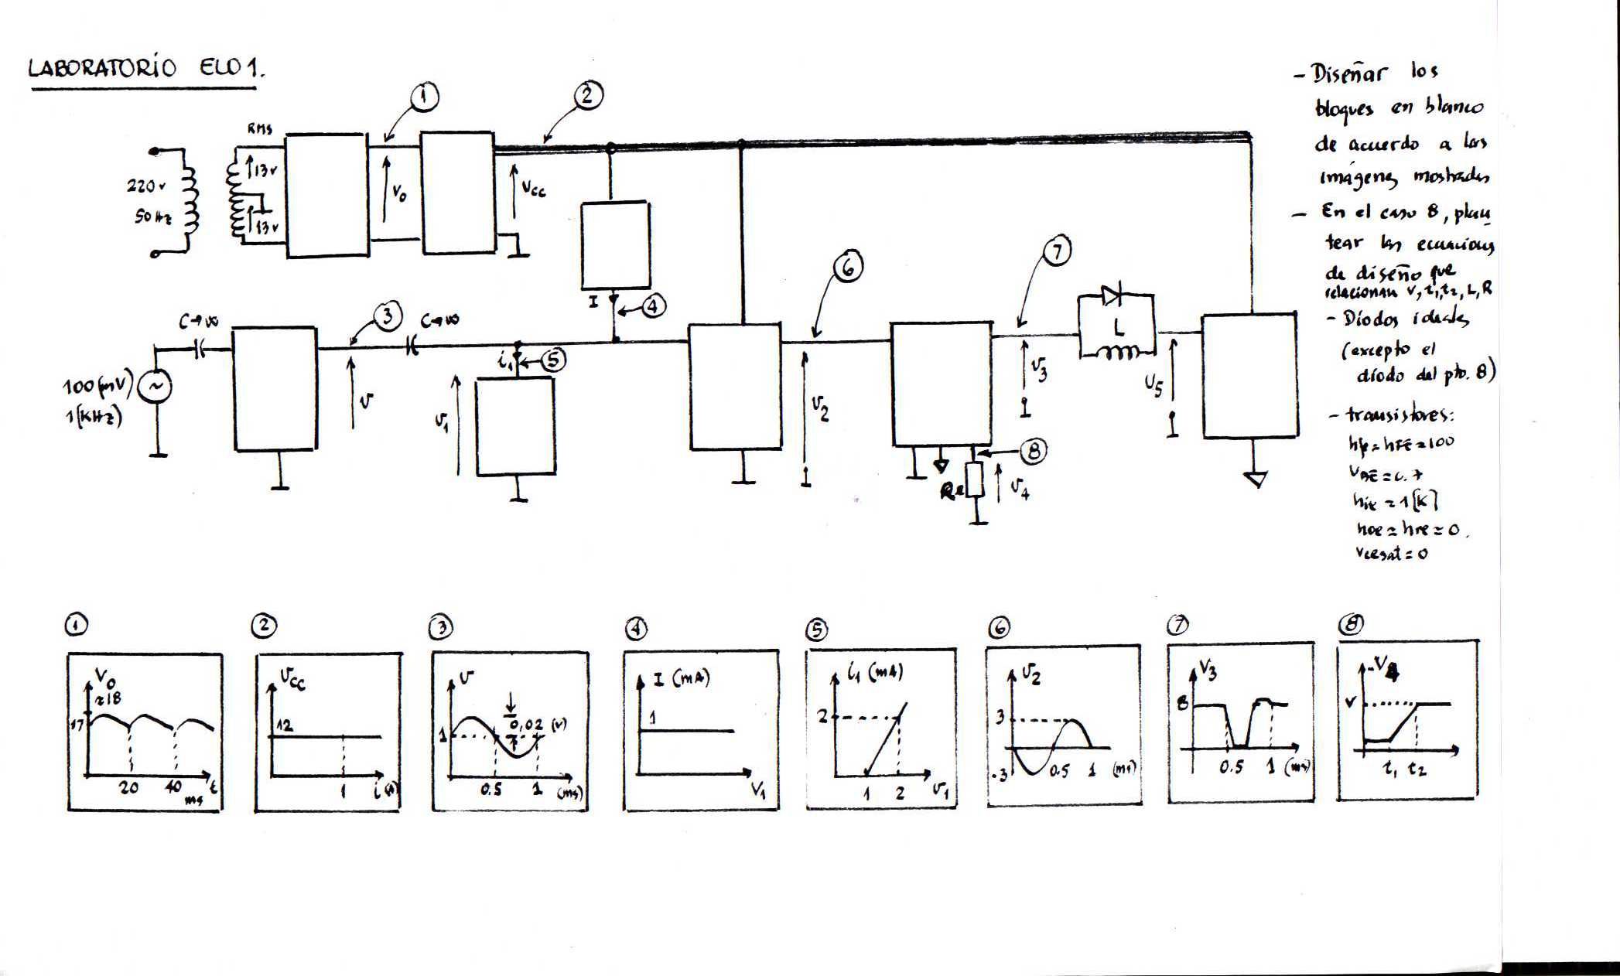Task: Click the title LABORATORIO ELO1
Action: pyautogui.click(x=145, y=68)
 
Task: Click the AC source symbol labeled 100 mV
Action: pyautogui.click(x=154, y=387)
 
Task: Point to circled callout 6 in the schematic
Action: pyautogui.click(x=848, y=267)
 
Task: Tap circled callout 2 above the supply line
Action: pyautogui.click(x=588, y=95)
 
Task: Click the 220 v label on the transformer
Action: pyautogui.click(x=146, y=186)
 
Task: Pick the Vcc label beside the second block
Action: pyautogui.click(x=533, y=188)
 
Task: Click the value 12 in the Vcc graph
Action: pyautogui.click(x=285, y=725)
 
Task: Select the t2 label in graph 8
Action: pyautogui.click(x=1417, y=770)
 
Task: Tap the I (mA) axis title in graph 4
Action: pyautogui.click(x=681, y=679)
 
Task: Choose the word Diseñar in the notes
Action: pyautogui.click(x=1350, y=74)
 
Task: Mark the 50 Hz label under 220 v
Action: pyautogui.click(x=152, y=217)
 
